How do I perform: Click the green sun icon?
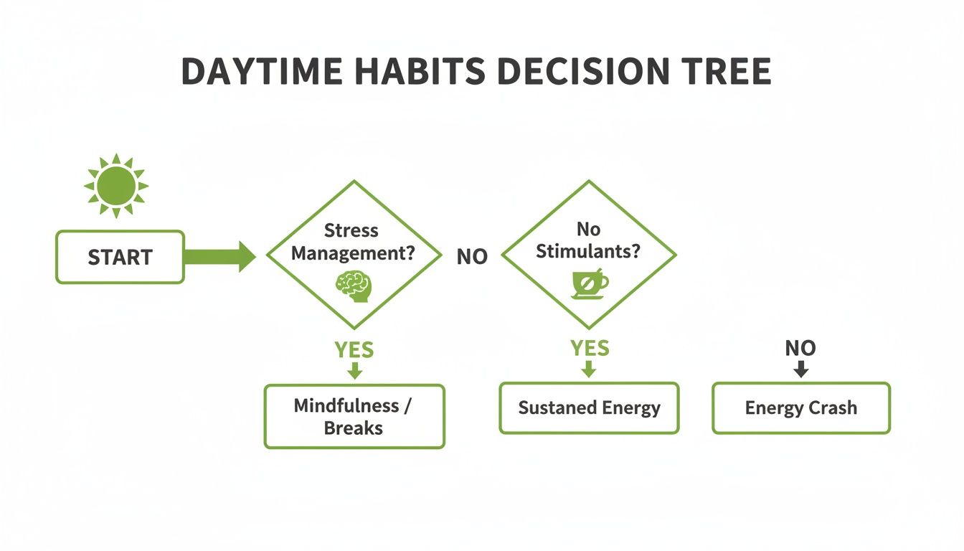[x=115, y=185]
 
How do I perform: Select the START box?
[x=120, y=257]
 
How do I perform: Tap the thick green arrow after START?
[x=219, y=257]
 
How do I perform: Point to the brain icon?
[x=354, y=285]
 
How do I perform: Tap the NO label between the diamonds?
[x=472, y=257]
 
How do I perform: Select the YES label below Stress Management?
[x=354, y=350]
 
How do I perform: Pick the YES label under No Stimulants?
[x=589, y=349]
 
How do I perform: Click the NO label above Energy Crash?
[x=800, y=349]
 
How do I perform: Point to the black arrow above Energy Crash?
[x=801, y=369]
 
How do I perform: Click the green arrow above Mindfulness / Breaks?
[x=354, y=371]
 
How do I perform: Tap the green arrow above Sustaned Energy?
[x=589, y=369]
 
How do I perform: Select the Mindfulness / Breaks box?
[x=354, y=416]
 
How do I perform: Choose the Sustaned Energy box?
[x=589, y=408]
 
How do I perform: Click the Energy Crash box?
[x=801, y=408]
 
